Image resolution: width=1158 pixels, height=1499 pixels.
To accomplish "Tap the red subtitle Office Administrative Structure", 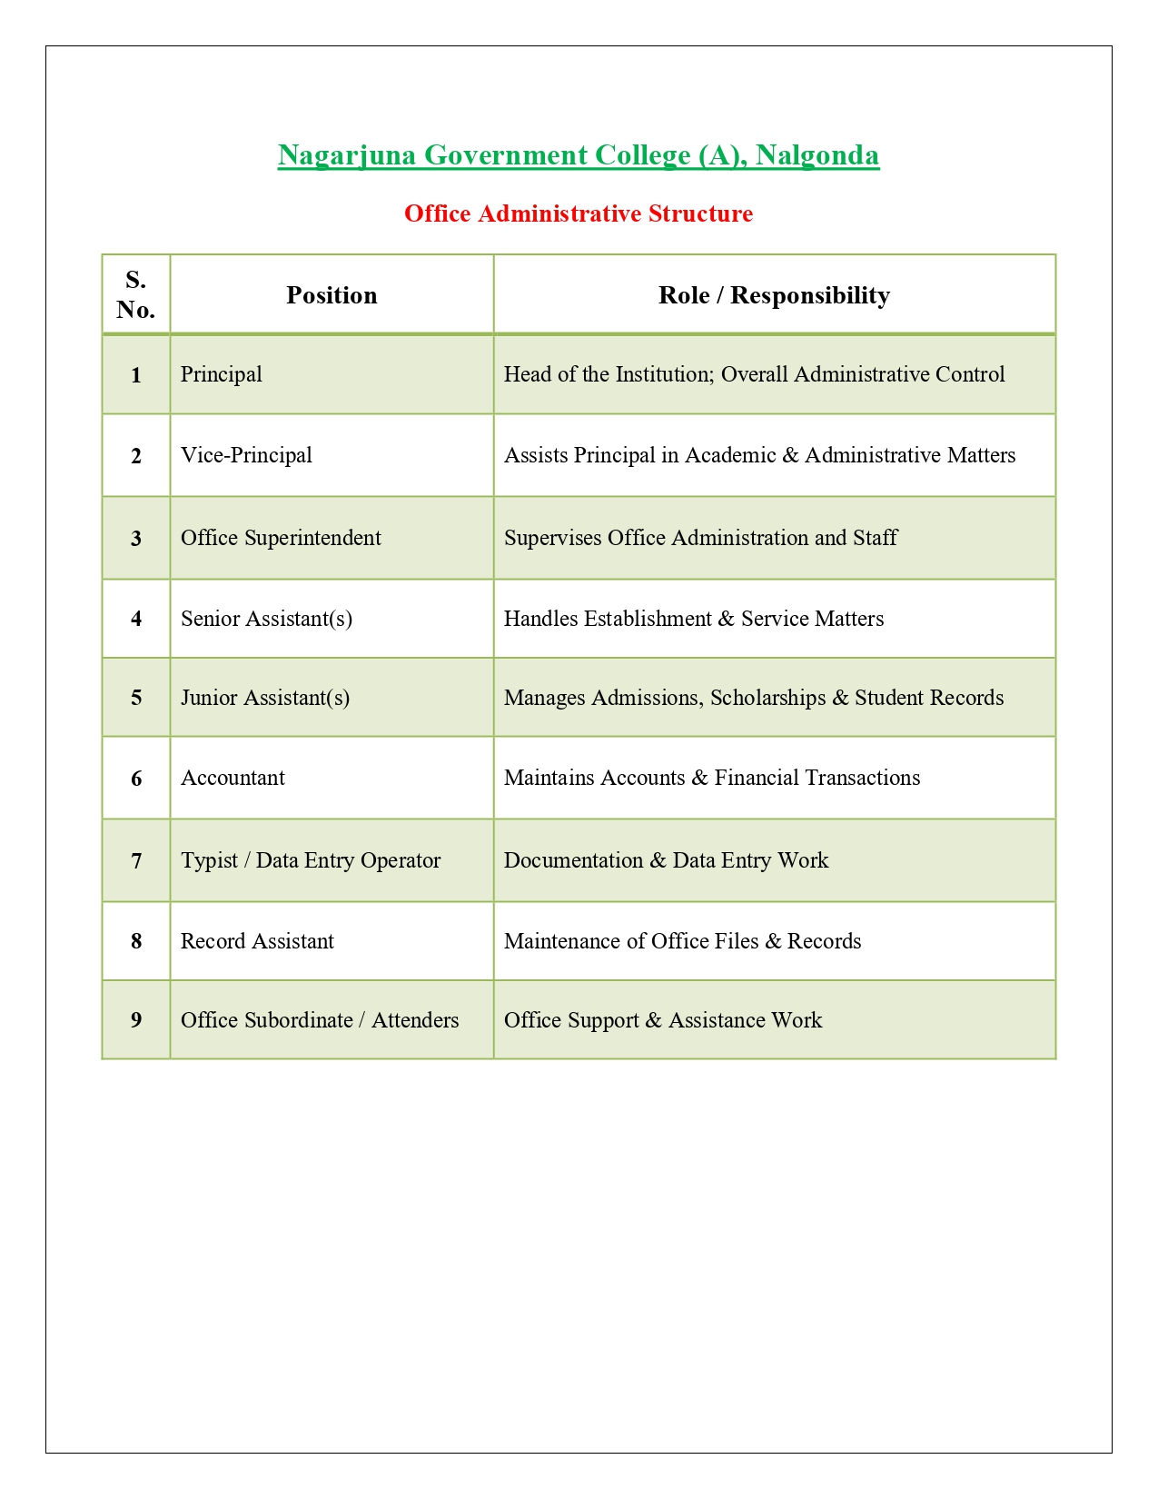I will pos(579,213).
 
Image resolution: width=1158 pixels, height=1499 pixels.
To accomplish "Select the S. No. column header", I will pos(136,294).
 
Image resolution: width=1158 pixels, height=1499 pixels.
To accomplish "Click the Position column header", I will pos(332,295).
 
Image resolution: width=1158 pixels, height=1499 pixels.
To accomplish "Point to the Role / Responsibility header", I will pos(774,295).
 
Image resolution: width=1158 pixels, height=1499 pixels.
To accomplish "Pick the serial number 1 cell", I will pos(136,375).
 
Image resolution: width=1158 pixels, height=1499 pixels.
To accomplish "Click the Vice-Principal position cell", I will pos(246,455).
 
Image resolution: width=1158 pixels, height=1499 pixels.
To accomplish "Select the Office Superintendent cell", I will pos(281,538).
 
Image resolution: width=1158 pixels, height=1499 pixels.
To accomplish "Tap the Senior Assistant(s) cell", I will pos(266,619).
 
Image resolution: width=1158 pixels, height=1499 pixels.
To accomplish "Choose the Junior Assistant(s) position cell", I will pos(265,698).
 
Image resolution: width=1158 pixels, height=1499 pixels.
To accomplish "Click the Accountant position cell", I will pos(233,778).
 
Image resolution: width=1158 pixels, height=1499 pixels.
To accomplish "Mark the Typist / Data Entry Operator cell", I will pos(311,860).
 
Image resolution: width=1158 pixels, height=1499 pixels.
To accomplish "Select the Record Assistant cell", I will pos(257,941).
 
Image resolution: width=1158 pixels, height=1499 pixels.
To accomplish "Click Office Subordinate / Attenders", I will pos(320,1020).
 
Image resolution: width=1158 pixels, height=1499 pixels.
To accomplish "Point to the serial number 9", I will pos(136,1020).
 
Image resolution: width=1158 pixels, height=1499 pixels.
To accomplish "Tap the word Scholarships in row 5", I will pos(767,698).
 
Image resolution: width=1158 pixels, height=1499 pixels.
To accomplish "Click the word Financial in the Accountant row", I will pos(757,778).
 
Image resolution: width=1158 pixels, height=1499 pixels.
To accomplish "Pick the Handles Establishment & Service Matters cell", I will pos(694,619).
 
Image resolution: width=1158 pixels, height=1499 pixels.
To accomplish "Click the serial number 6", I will pos(136,779).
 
